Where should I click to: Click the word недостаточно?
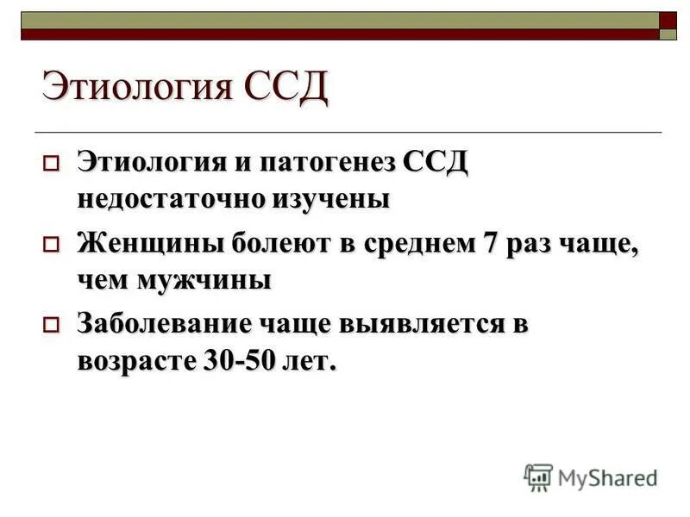pyautogui.click(x=172, y=197)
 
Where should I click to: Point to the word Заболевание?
pyautogui.click(x=163, y=324)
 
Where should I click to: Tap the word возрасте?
pyautogui.click(x=135, y=359)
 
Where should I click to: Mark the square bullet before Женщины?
pyautogui.click(x=50, y=244)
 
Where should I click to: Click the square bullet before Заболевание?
pyautogui.click(x=50, y=325)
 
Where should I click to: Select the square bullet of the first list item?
pyautogui.click(x=50, y=163)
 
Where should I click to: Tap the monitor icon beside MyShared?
pyautogui.click(x=538, y=477)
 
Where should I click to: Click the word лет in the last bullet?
pyautogui.click(x=310, y=359)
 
